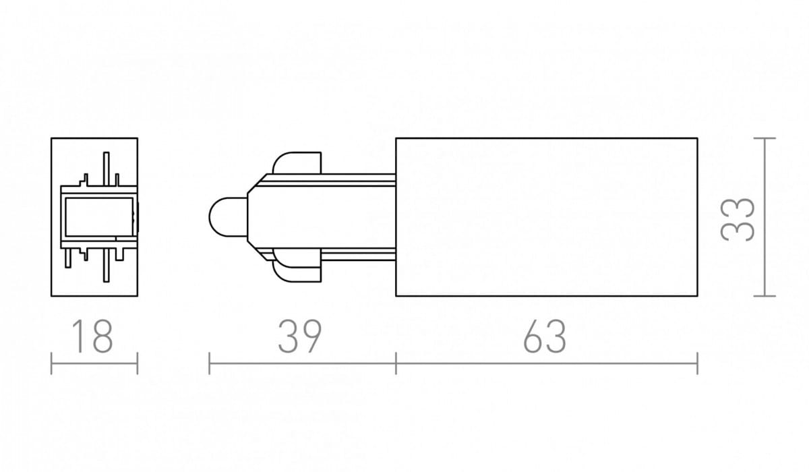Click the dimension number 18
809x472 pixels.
click(93, 336)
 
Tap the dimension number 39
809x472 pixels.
click(300, 336)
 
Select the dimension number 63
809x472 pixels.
click(545, 336)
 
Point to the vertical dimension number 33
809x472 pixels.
click(738, 220)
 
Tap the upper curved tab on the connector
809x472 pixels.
click(297, 163)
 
